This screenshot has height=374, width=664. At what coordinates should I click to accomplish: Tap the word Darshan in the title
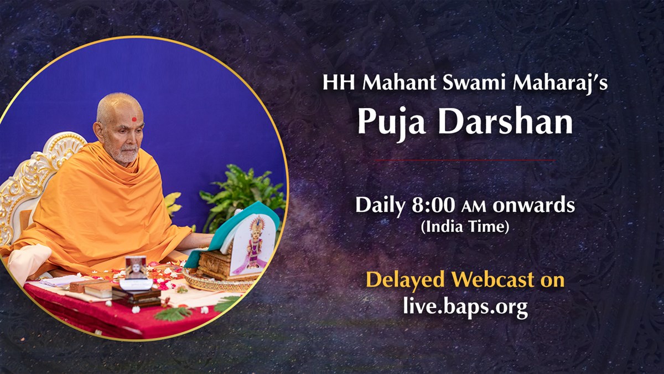point(506,120)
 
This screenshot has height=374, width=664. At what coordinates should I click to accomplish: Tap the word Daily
point(380,206)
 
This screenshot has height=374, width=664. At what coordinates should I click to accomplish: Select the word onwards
point(533,206)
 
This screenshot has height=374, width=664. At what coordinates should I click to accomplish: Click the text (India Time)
point(465,227)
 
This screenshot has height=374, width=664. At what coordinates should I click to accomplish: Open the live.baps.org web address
point(465,306)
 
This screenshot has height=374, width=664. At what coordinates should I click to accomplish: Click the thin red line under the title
point(465,160)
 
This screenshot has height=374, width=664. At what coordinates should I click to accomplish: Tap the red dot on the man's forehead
point(134,119)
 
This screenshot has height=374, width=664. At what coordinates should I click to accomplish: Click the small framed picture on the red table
point(136,268)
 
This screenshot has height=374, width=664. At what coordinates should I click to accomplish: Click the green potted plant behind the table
point(242,196)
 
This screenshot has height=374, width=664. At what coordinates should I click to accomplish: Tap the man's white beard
point(126,155)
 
